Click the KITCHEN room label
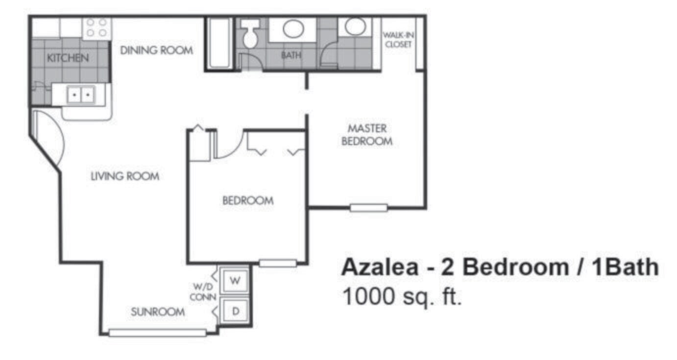[x=68, y=58]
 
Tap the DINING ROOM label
[x=157, y=50]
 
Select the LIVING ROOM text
[x=125, y=176]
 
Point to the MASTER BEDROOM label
[x=367, y=135]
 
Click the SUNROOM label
[x=158, y=312]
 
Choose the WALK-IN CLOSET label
[x=397, y=40]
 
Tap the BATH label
[x=291, y=55]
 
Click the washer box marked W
[x=235, y=281]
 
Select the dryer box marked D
[x=234, y=311]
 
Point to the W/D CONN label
[x=203, y=292]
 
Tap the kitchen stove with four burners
[x=97, y=28]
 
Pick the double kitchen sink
[x=80, y=95]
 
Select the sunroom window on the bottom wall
[x=157, y=333]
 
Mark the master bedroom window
[x=368, y=208]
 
